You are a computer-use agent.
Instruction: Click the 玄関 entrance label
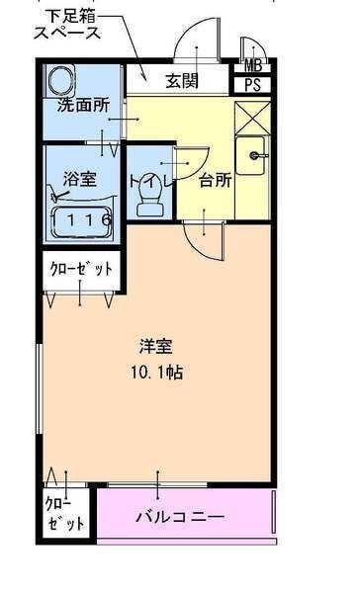point(181,79)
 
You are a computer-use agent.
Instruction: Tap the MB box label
point(252,67)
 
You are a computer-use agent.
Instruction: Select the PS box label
point(252,86)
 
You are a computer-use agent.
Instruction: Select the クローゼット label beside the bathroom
point(83,268)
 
